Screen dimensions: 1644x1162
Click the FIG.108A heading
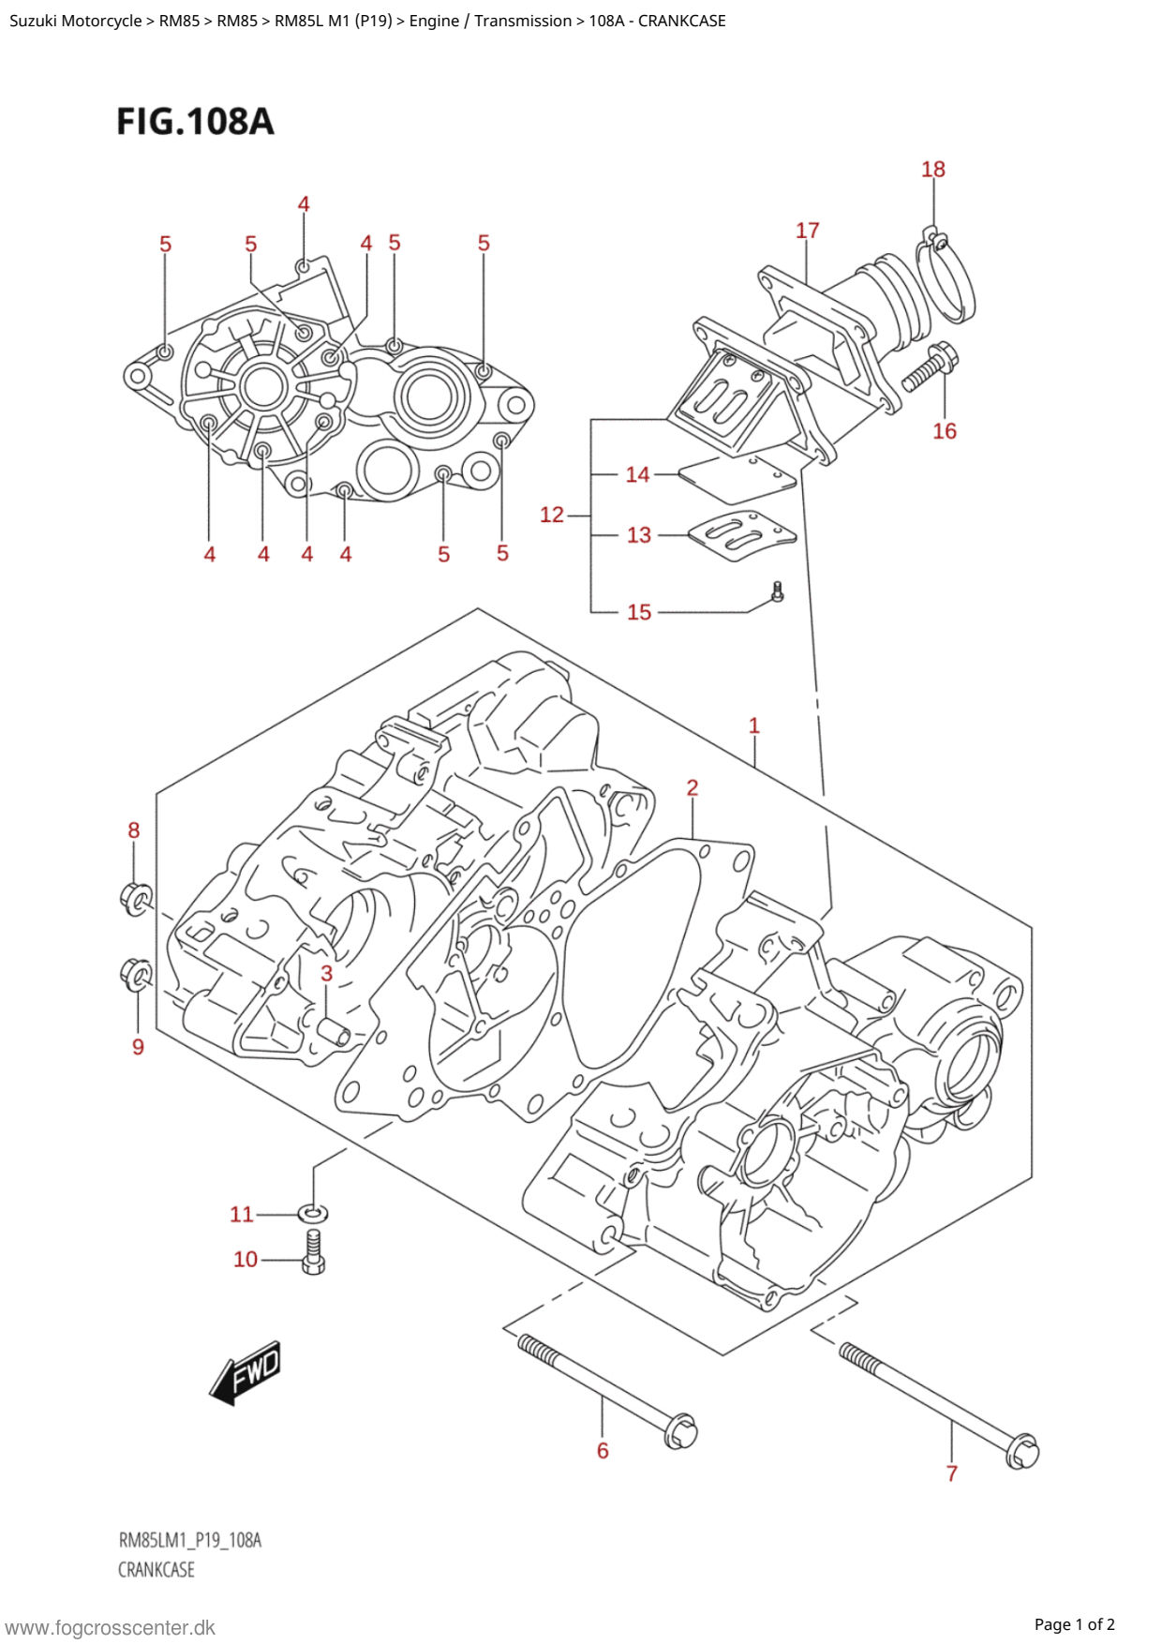tap(195, 122)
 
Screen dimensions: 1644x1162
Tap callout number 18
tap(932, 170)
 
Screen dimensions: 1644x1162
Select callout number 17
tap(807, 231)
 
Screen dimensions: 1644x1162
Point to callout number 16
tap(944, 431)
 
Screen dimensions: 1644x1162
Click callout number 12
tap(552, 515)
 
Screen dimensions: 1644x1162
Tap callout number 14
tap(637, 475)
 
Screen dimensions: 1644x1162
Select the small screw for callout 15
tap(777, 592)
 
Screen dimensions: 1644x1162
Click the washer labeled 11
tap(314, 1213)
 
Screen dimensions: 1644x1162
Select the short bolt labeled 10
tap(313, 1254)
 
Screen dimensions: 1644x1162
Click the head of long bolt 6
tap(680, 1432)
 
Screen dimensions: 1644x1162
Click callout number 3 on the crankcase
tap(326, 973)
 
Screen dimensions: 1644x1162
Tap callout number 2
tap(692, 788)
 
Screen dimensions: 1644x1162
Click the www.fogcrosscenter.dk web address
tap(111, 1627)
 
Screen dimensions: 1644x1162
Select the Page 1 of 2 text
tap(1074, 1624)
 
